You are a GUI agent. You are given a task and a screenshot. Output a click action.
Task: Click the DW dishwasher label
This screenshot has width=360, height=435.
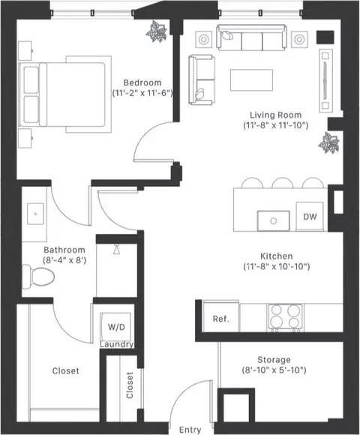pyautogui.click(x=310, y=217)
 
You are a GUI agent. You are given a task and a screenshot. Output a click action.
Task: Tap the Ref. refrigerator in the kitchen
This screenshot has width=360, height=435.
pyautogui.click(x=221, y=316)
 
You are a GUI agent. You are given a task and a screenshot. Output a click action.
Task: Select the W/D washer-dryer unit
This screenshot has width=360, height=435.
pyautogui.click(x=116, y=327)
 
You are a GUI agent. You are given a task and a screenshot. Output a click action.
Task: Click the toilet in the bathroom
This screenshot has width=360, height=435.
pyautogui.click(x=38, y=276)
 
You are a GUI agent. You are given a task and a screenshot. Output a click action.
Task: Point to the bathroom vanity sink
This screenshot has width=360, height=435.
pyautogui.click(x=35, y=214)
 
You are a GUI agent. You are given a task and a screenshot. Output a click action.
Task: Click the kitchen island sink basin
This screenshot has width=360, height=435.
pyautogui.click(x=274, y=220)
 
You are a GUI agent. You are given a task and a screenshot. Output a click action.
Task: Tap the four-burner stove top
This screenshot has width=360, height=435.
pyautogui.click(x=285, y=317)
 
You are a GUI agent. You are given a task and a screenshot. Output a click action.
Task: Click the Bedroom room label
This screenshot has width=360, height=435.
pyautogui.click(x=142, y=82)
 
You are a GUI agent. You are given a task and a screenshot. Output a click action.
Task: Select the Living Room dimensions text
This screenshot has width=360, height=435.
pyautogui.click(x=276, y=125)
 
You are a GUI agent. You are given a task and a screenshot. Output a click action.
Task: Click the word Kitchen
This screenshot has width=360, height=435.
pyautogui.click(x=277, y=256)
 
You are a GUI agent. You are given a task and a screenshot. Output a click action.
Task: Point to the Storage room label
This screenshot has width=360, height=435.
pyautogui.click(x=274, y=360)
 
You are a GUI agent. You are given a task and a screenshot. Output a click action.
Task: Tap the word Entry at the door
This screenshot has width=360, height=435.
pyautogui.click(x=190, y=430)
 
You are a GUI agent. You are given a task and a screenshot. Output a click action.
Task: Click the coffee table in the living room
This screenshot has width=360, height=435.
pyautogui.click(x=251, y=80)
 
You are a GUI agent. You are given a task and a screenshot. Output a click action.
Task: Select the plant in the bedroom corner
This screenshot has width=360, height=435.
pyautogui.click(x=157, y=31)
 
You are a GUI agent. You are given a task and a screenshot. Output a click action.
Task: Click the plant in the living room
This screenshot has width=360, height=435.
pyautogui.click(x=329, y=142)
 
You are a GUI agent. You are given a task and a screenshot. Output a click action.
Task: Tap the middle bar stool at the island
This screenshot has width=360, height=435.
pyautogui.click(x=282, y=183)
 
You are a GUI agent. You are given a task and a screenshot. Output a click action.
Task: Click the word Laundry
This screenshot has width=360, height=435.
pyautogui.click(x=117, y=344)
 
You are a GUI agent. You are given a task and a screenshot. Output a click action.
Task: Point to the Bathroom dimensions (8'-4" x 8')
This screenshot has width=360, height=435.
pyautogui.click(x=64, y=260)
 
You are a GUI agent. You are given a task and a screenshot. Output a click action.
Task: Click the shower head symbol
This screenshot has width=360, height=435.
pyautogui.click(x=116, y=249)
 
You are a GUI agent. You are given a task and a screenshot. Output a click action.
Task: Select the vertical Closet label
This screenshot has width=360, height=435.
pyautogui.click(x=130, y=385)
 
